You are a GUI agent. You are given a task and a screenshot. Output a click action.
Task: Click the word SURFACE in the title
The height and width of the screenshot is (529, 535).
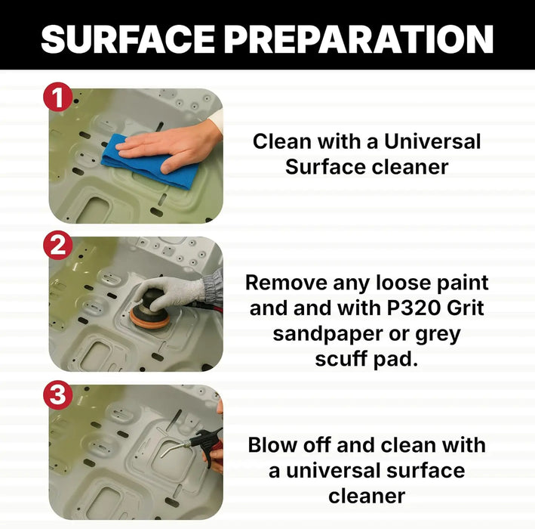(128, 39)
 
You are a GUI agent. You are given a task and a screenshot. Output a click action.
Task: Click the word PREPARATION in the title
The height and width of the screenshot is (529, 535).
(358, 39)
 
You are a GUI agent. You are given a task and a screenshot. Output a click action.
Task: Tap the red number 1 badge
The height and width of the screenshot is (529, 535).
(57, 97)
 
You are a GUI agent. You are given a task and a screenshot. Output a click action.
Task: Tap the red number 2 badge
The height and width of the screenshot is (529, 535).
(57, 246)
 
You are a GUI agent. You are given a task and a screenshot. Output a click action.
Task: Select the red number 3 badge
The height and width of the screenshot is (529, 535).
(57, 394)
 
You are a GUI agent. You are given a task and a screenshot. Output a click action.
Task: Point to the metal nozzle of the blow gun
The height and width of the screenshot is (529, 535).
(174, 450)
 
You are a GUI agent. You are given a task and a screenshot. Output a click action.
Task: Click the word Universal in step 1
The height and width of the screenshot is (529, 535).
(432, 141)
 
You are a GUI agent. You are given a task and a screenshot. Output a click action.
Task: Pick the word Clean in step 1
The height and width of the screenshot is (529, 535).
(281, 141)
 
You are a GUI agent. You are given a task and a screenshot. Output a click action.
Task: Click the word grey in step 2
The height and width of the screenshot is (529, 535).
(438, 335)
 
